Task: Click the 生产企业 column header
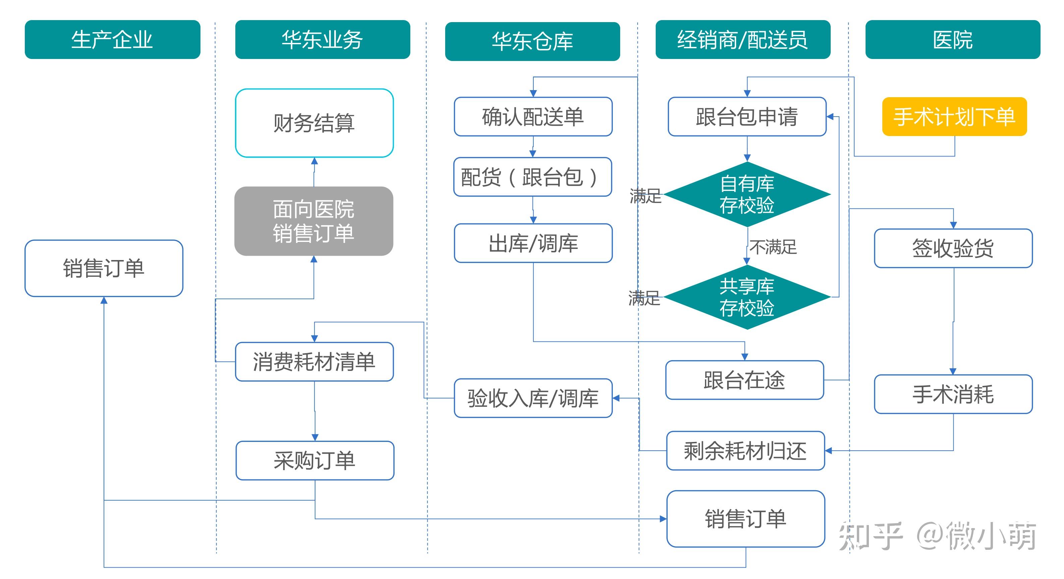point(112,40)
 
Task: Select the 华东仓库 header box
point(532,41)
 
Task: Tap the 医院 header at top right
point(952,40)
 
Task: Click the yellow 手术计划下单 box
point(954,117)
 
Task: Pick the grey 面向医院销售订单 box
point(313,221)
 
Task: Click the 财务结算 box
point(314,123)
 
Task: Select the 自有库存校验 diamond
point(747,194)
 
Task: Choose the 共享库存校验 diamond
point(747,297)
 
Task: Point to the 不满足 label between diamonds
point(773,247)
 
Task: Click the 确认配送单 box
point(533,117)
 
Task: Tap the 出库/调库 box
point(533,243)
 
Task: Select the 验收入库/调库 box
point(533,398)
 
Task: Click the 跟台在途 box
point(744,380)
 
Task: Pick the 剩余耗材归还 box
point(745,451)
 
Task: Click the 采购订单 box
point(314,460)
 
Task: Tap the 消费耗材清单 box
point(314,361)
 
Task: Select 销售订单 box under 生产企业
point(104,268)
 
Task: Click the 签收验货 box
point(953,248)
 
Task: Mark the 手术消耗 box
point(953,394)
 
